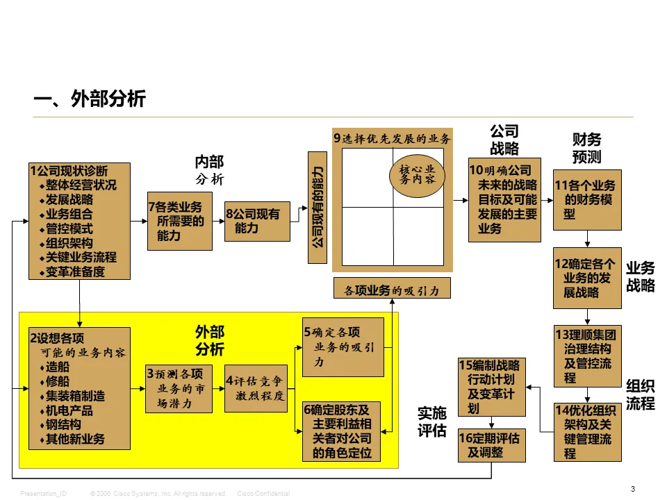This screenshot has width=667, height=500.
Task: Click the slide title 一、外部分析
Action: (90, 99)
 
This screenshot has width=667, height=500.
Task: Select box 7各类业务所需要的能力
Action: (180, 220)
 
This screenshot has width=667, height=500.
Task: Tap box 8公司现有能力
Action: (257, 221)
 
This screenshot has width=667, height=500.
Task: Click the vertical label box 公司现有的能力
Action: (317, 207)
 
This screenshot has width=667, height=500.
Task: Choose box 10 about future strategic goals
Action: (504, 199)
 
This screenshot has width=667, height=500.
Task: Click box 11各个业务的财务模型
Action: (587, 199)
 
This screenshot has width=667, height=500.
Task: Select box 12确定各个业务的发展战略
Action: (587, 278)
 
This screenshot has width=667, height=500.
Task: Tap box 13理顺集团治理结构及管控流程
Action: (587, 356)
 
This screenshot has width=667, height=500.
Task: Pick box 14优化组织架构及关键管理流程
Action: (587, 432)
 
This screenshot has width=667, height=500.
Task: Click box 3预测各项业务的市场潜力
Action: (179, 390)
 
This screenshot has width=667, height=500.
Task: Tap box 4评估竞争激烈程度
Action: (256, 388)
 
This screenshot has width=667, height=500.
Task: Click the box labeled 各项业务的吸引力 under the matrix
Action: (392, 289)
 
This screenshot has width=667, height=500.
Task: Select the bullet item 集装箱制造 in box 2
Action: (76, 397)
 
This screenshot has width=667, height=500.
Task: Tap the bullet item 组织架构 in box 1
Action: (69, 243)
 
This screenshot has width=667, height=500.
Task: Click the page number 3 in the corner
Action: (633, 489)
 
